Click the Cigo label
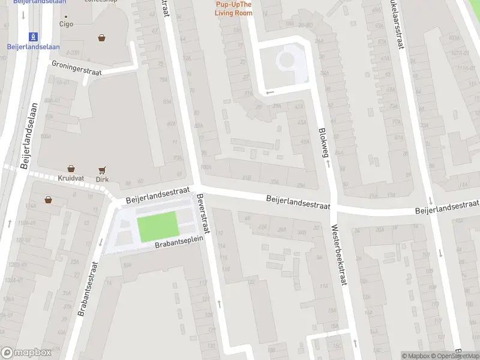click(x=66, y=25)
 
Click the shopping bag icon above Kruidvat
click(x=71, y=169)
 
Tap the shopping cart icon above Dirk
click(x=102, y=169)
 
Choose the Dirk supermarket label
click(x=102, y=179)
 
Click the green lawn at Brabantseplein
click(x=158, y=227)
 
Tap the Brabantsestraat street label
click(x=88, y=289)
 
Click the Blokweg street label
click(x=324, y=140)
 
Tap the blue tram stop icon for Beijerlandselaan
click(x=33, y=36)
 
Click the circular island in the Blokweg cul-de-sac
click(x=286, y=59)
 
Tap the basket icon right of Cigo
click(x=101, y=38)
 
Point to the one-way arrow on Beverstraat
click(x=218, y=304)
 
